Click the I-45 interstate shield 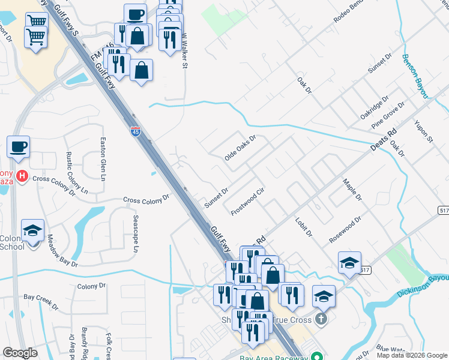(x=136, y=131)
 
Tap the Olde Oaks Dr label (x=240, y=147)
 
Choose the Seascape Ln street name (x=136, y=233)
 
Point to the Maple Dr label (x=353, y=189)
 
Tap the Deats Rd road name (x=384, y=142)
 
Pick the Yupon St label (x=423, y=131)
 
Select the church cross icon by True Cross (x=321, y=318)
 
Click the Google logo (x=20, y=353)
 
